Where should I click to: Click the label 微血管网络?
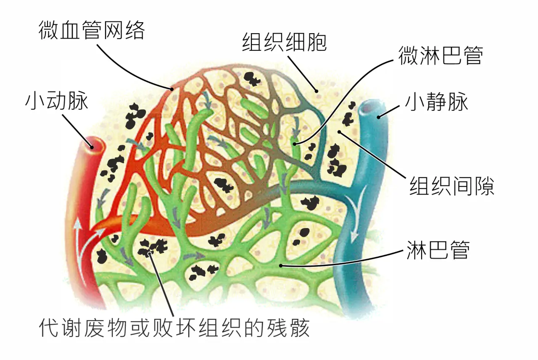(x=92, y=30)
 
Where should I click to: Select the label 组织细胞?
(x=285, y=42)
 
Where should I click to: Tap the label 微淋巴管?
(x=441, y=55)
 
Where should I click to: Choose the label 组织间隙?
(x=452, y=186)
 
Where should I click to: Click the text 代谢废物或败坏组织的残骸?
(x=174, y=328)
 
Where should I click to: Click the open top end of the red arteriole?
(x=94, y=144)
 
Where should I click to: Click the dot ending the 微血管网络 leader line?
(x=172, y=89)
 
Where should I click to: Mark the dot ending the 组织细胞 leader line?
(x=316, y=91)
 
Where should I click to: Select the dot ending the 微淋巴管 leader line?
(x=295, y=144)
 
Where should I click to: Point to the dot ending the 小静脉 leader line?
(x=379, y=117)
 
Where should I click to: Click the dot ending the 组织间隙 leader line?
(x=339, y=132)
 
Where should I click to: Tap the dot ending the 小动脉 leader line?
(x=92, y=147)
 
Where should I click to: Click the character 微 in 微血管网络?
(x=48, y=30)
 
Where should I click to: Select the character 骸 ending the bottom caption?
(x=299, y=328)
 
